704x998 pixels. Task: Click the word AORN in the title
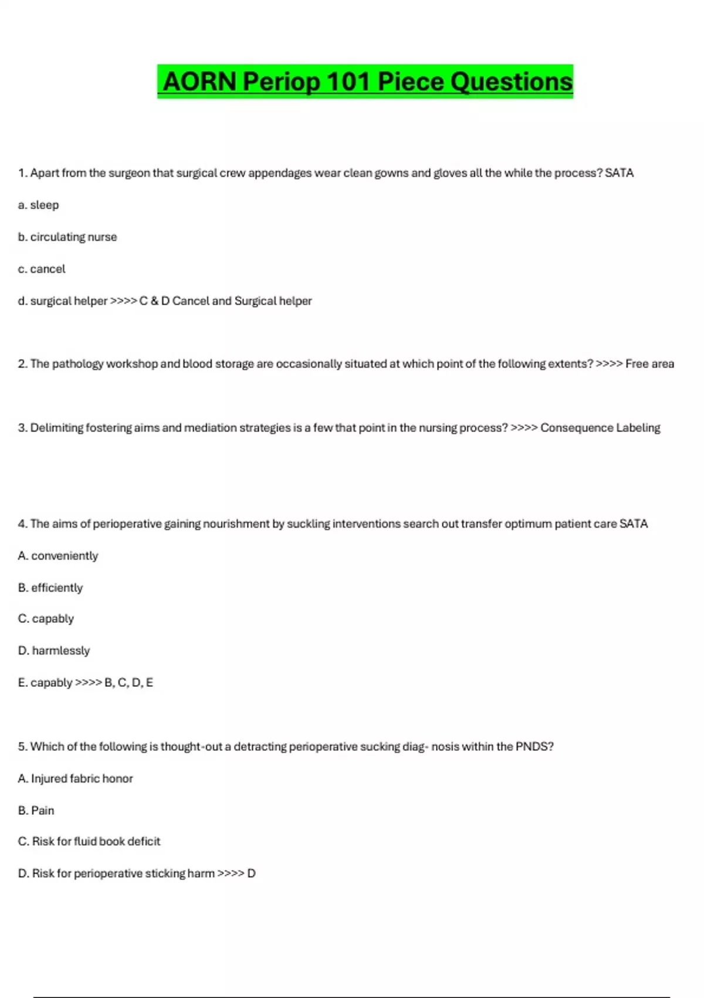pyautogui.click(x=199, y=82)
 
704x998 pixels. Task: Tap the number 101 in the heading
pyautogui.click(x=349, y=82)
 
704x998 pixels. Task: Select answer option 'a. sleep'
pyautogui.click(x=39, y=205)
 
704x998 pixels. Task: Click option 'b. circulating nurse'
pyautogui.click(x=67, y=237)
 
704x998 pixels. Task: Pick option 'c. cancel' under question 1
pyautogui.click(x=42, y=269)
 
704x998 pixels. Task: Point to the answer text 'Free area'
pyautogui.click(x=649, y=364)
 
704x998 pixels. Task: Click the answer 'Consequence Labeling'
pyautogui.click(x=600, y=428)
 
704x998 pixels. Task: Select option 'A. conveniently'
pyautogui.click(x=58, y=556)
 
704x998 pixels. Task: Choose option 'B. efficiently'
pyautogui.click(x=50, y=588)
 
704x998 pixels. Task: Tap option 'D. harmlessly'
pyautogui.click(x=54, y=650)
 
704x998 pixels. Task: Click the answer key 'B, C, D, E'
pyautogui.click(x=128, y=683)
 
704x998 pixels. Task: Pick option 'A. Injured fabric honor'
pyautogui.click(x=76, y=778)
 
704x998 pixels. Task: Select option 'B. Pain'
pyautogui.click(x=36, y=811)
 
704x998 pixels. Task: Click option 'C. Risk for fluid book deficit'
pyautogui.click(x=89, y=841)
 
